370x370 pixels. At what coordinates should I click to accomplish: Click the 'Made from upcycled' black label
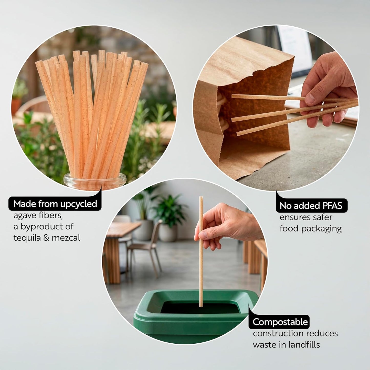(x=55, y=204)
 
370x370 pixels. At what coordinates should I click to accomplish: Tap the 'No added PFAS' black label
(x=311, y=206)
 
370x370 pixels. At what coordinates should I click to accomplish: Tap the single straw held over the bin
(x=201, y=252)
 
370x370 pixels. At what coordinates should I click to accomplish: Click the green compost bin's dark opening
(x=200, y=308)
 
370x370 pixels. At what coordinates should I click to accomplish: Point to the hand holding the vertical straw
(x=227, y=227)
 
